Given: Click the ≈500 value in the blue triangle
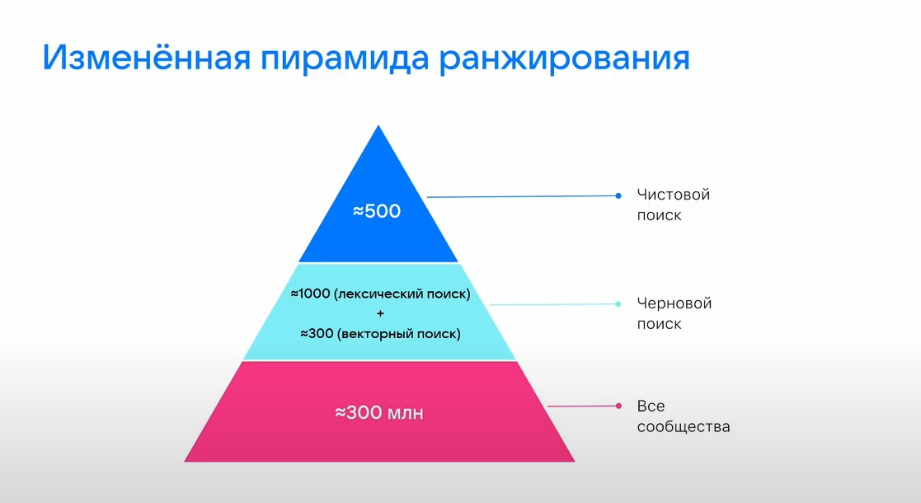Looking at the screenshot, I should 377,211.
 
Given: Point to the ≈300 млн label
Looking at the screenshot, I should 378,412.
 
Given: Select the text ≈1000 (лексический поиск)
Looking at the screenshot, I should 380,294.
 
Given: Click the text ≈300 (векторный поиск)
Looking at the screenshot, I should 380,334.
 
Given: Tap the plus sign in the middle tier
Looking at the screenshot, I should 379,314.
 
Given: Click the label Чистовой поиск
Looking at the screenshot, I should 673,205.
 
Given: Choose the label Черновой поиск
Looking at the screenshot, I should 674,313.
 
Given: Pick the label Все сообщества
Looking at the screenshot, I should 684,416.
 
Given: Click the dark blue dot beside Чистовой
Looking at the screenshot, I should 618,195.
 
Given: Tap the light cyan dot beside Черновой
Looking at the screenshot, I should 618,304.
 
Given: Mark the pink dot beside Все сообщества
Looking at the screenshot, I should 618,406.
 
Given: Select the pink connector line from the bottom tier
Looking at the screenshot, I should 581,406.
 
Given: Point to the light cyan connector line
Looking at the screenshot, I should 552,304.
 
